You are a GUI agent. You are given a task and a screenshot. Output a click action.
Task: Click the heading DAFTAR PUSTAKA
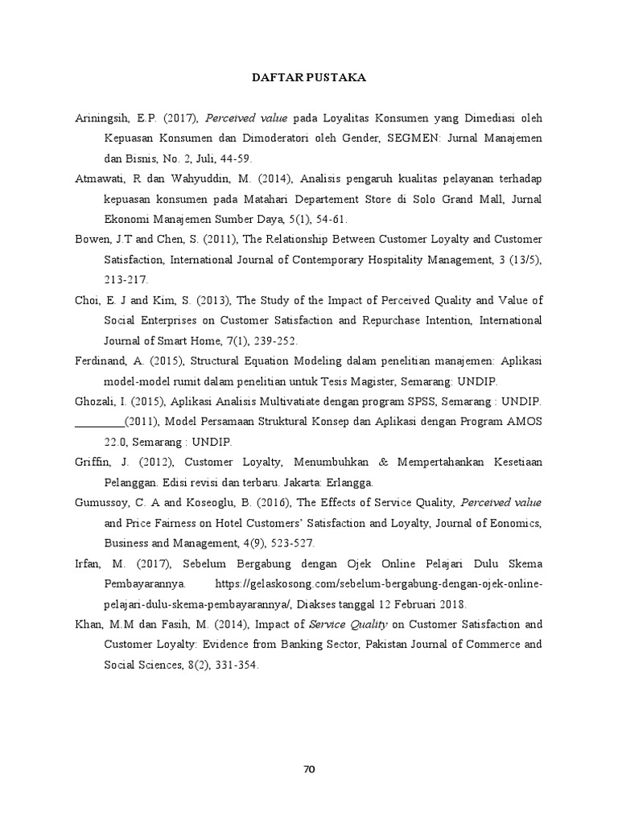click(x=309, y=78)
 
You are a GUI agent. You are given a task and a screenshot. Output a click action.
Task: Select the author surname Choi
click(x=87, y=300)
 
